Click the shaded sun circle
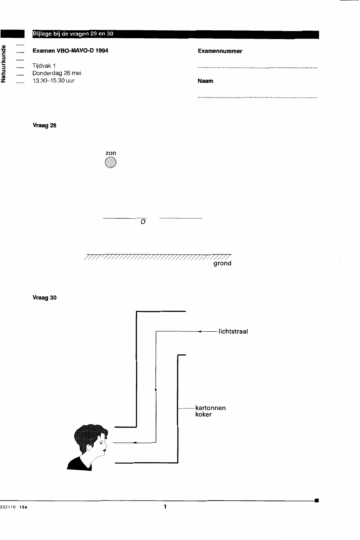[x=111, y=162]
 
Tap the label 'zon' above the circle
[x=111, y=153]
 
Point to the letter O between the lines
[x=143, y=222]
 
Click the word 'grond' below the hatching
[x=222, y=263]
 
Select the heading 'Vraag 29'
[x=44, y=126]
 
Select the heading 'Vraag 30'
[x=44, y=298]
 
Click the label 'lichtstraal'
[x=233, y=331]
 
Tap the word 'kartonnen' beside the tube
[x=210, y=408]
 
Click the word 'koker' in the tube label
[x=203, y=414]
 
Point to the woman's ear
[x=89, y=448]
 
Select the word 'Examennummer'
[x=220, y=51]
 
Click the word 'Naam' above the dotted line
[x=205, y=81]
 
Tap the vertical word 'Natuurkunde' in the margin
[x=3, y=64]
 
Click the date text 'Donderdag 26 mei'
[x=57, y=73]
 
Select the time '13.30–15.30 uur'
[x=53, y=81]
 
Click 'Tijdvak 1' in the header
[x=44, y=66]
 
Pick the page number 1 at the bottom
[x=165, y=506]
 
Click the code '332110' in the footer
[x=8, y=507]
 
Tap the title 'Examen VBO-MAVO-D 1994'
[x=70, y=51]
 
